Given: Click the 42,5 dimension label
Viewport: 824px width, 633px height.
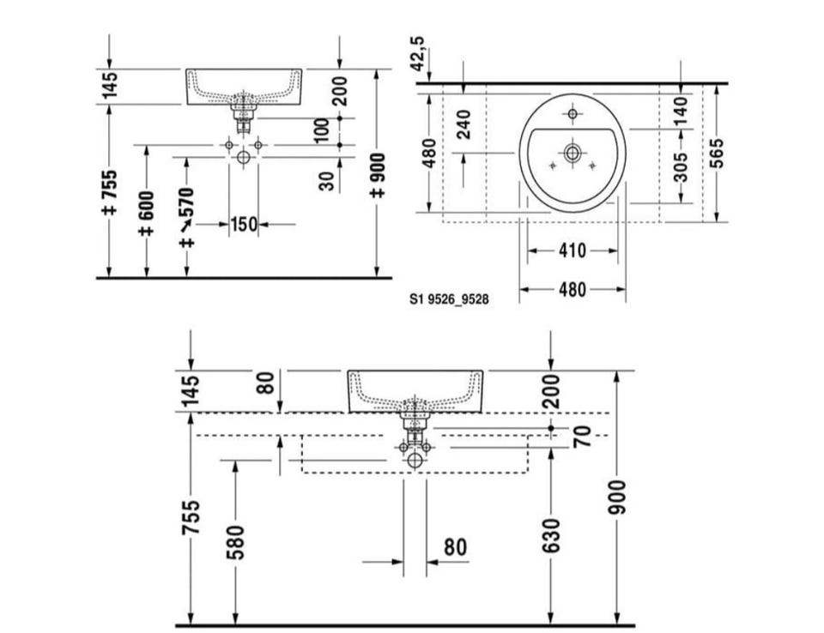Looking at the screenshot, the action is pos(418,54).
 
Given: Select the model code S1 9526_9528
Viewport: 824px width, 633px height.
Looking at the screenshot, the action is pos(449,299).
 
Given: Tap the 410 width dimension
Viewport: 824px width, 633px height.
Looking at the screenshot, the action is pos(573,250).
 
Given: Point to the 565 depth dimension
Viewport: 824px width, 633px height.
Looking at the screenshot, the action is pos(716,153).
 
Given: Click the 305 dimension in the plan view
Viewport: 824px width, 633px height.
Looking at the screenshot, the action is pos(681,166).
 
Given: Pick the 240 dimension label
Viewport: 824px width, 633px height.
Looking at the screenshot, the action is pos(463,124).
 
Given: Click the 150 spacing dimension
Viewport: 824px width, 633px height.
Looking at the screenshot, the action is pos(245,225).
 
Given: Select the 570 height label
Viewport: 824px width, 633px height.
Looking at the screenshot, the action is pos(186,202).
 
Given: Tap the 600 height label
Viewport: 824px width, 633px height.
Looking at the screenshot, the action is pos(147,206).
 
